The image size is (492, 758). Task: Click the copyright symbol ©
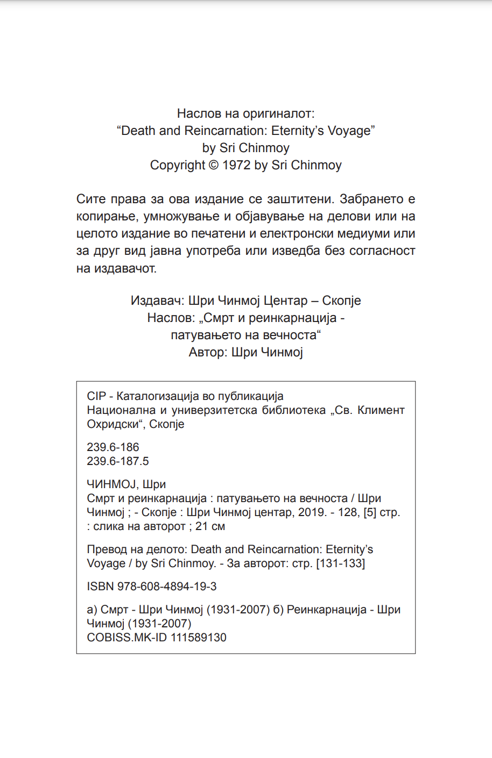click(x=213, y=165)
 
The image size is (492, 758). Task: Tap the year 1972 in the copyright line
click(x=236, y=165)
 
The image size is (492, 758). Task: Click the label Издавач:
click(x=157, y=301)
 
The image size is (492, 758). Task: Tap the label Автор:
click(x=208, y=352)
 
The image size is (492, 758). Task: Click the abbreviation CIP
click(x=96, y=396)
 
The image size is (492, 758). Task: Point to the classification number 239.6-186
click(x=113, y=447)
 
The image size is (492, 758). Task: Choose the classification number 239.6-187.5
click(x=118, y=461)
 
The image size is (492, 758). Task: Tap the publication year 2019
click(x=312, y=512)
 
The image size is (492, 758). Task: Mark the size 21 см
click(x=210, y=526)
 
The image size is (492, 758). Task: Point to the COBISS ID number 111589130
click(x=199, y=638)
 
